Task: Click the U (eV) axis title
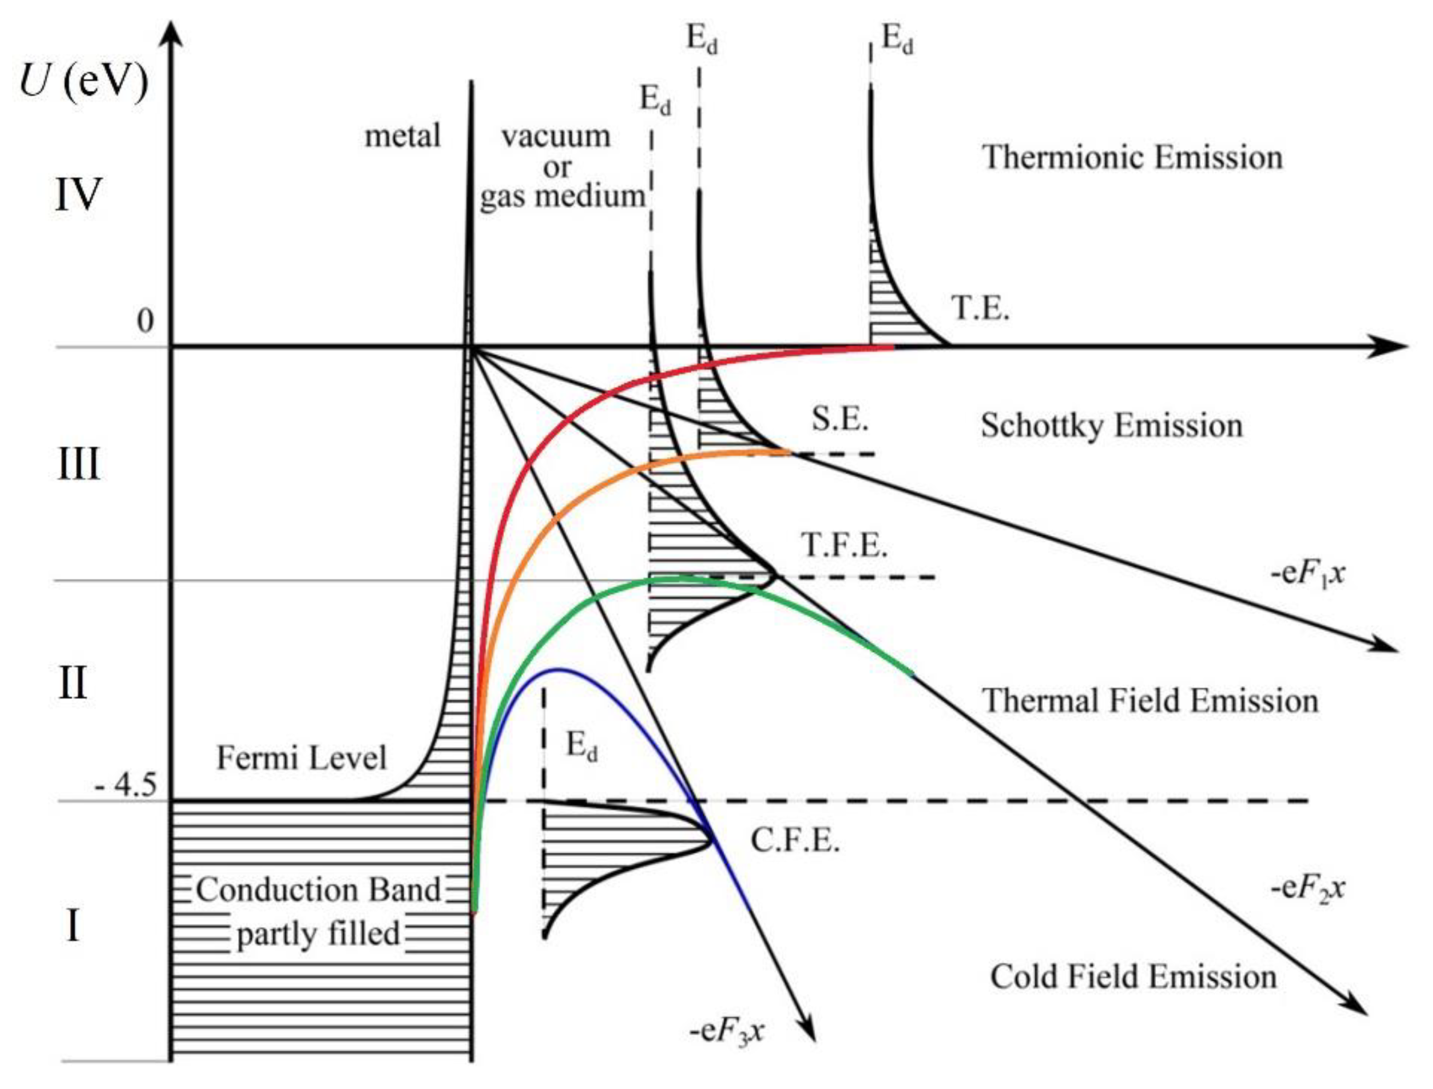[x=84, y=83]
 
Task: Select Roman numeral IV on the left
[x=78, y=194]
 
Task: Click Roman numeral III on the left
[x=78, y=464]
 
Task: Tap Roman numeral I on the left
[x=73, y=926]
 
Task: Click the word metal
[x=403, y=136]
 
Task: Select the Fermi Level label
[x=301, y=757]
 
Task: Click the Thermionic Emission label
[x=1132, y=158]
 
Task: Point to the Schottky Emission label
[x=1111, y=426]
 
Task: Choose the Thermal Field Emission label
[x=1151, y=700]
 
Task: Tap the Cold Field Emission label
[x=1134, y=976]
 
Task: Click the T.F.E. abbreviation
[x=844, y=545]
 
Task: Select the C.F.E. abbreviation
[x=795, y=841]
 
